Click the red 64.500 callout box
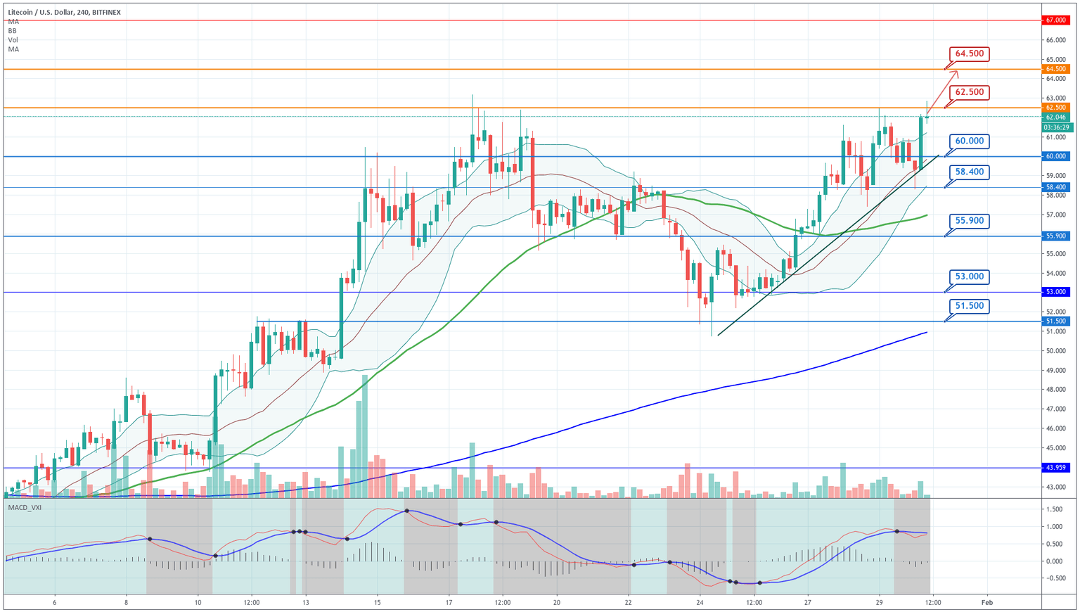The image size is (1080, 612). tap(970, 53)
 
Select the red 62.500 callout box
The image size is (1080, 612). tap(970, 92)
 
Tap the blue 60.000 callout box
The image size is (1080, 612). tap(970, 141)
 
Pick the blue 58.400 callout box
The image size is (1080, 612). tap(970, 172)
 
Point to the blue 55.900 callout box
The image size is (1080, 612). tap(970, 221)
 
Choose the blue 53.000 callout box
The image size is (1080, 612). tap(970, 276)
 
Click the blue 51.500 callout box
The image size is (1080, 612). tap(970, 306)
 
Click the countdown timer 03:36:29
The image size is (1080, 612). tap(1056, 127)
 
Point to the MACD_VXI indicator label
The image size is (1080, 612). tap(25, 507)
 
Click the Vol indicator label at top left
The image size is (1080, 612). tap(13, 40)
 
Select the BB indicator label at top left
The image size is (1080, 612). tap(13, 31)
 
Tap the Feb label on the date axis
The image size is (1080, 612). tap(986, 602)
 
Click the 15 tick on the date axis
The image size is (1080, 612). tap(378, 602)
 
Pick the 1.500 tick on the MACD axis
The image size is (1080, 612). tap(1054, 509)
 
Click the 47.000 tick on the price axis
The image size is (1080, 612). tap(1055, 409)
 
